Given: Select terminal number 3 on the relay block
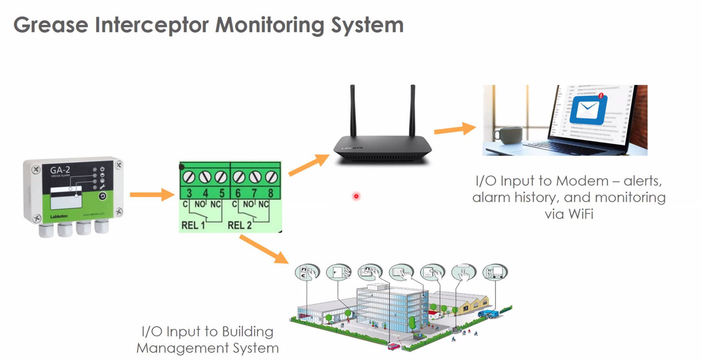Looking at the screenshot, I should click(188, 193).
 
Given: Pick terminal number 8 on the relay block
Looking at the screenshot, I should click(271, 193).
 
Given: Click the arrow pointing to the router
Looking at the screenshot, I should click(309, 164).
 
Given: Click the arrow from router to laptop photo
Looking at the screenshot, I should click(455, 129).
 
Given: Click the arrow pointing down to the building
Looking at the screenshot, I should click(263, 249).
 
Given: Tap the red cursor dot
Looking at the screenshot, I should click(356, 196).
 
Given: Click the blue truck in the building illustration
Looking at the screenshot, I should click(489, 313).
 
